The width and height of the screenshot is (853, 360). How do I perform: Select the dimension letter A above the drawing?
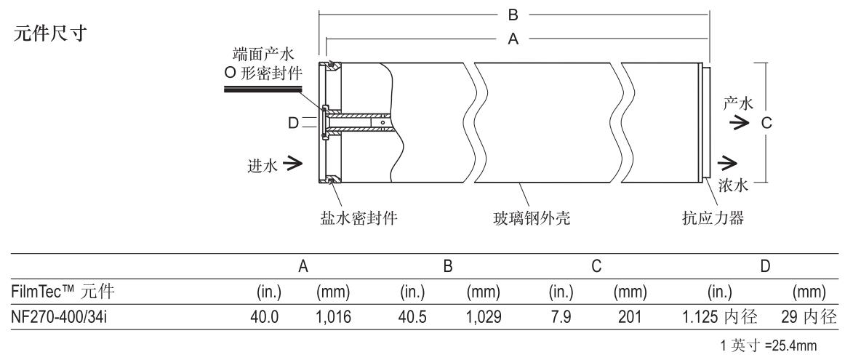pos(513,40)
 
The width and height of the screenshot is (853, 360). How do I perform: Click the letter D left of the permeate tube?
pos(293,124)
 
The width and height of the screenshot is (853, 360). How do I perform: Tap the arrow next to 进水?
pos(294,167)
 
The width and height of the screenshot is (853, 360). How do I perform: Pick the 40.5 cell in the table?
pos(413,316)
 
